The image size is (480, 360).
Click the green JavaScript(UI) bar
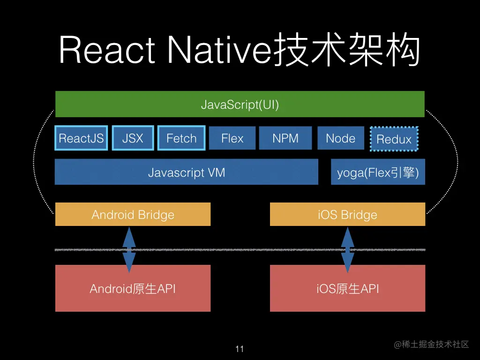tap(240, 104)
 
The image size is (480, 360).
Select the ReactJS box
tap(81, 138)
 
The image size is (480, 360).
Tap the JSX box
tap(133, 138)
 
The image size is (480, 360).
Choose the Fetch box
tap(181, 138)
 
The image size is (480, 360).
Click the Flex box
tap(232, 138)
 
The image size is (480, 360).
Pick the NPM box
tap(285, 138)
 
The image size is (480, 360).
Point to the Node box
tap(340, 138)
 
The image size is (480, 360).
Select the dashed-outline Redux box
tap(394, 139)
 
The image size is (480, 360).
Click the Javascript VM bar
tap(186, 172)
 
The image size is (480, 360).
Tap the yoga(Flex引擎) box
tap(378, 172)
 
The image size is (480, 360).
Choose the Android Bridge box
tap(133, 214)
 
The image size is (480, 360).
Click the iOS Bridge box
tap(347, 214)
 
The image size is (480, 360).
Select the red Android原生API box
tap(133, 288)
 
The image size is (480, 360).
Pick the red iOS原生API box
tap(347, 288)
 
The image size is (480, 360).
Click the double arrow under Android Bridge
tap(129, 250)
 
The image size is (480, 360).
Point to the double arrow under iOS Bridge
tap(347, 250)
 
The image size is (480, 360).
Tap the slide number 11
tap(240, 349)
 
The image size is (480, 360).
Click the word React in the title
tap(107, 51)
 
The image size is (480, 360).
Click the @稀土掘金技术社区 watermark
tap(431, 345)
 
